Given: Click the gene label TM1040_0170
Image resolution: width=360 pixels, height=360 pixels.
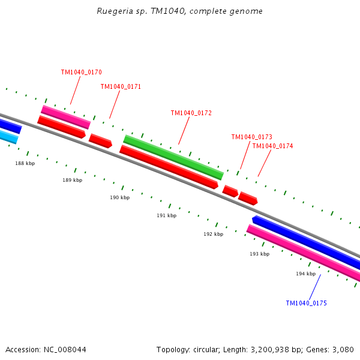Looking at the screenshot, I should (81, 73).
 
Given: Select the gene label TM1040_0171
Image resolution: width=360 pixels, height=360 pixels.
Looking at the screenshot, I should (121, 87).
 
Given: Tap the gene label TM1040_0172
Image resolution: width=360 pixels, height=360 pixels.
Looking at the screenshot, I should (191, 113).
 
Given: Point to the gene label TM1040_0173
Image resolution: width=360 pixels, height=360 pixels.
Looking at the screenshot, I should (251, 137).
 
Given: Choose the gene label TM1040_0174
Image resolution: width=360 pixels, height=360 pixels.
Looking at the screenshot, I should (272, 146).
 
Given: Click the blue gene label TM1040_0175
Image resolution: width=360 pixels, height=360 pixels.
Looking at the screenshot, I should (306, 304).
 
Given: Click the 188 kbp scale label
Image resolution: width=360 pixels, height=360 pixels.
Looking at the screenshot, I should (25, 163).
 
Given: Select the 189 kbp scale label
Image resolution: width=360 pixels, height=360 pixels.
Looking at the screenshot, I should (73, 180).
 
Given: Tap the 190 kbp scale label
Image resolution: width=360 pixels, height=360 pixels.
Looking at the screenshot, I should (119, 198).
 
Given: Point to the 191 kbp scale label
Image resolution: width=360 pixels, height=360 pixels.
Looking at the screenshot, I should (167, 216).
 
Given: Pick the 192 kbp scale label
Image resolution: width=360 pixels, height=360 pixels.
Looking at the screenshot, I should (213, 235).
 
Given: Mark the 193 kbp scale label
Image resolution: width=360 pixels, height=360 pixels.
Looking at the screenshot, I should (260, 254).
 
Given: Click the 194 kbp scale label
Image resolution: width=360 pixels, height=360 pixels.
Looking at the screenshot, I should (305, 274).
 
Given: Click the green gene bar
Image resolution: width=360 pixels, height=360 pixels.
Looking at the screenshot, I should (173, 158).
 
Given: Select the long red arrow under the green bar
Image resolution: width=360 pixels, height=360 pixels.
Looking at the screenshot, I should (169, 167).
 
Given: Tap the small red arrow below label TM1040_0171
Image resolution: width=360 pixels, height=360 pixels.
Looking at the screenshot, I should (100, 141).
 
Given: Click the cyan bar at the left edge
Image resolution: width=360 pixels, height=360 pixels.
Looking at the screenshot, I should (7, 137).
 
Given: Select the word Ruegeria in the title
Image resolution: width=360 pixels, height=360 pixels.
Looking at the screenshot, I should (113, 11).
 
